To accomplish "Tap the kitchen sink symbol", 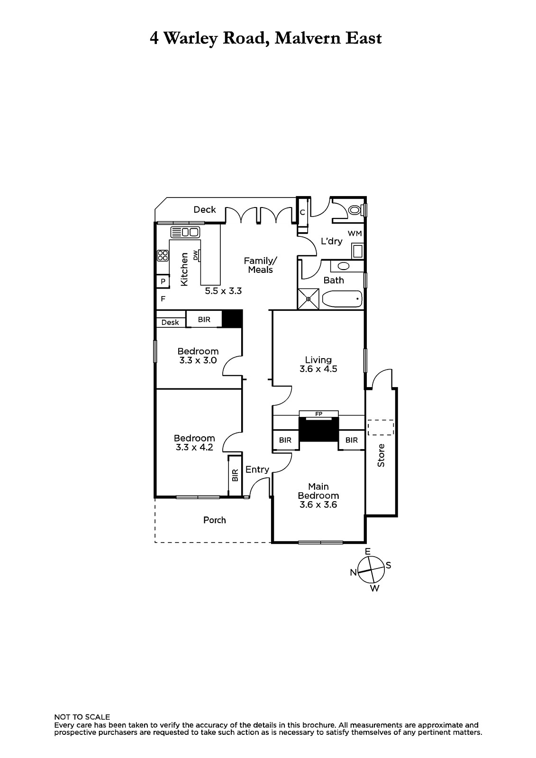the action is point(185,232).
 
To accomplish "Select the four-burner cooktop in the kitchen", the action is point(163,255).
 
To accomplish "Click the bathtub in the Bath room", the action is point(342,299).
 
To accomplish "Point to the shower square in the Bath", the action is point(308,299).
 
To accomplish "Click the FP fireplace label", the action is point(318,414).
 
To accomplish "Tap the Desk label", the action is point(170,323).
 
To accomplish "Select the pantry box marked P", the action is point(163,281).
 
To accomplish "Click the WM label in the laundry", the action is point(355,234).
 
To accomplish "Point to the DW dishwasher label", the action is point(195,255).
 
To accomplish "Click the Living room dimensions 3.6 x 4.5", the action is point(318,369).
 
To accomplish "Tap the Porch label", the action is point(215,520).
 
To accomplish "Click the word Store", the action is point(381,455).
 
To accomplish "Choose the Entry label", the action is point(257,469).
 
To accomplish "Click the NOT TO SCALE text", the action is point(82,717).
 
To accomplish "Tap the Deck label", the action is point(205,210).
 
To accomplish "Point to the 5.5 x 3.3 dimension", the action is point(224,291).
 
